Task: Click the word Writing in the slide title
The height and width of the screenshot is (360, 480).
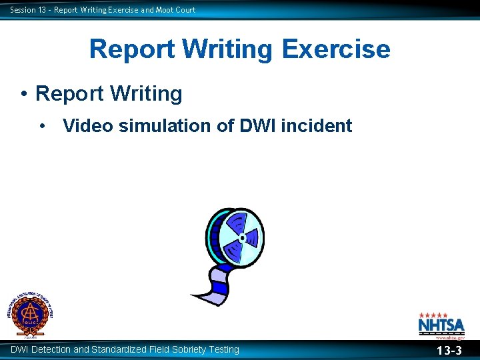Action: (x=226, y=49)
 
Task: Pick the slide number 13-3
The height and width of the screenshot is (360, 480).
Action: (x=449, y=351)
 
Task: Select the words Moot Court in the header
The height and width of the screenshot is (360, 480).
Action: (x=175, y=9)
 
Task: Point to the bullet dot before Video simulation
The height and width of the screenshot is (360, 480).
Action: (x=43, y=125)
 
